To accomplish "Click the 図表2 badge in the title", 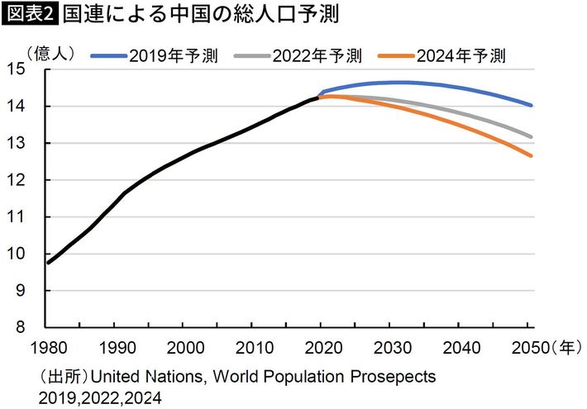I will click(x=30, y=16).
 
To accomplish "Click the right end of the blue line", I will click(x=532, y=106).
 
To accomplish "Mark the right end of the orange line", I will click(x=532, y=155).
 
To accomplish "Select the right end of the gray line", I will click(x=532, y=137).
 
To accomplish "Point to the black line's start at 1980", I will click(x=48, y=263).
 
